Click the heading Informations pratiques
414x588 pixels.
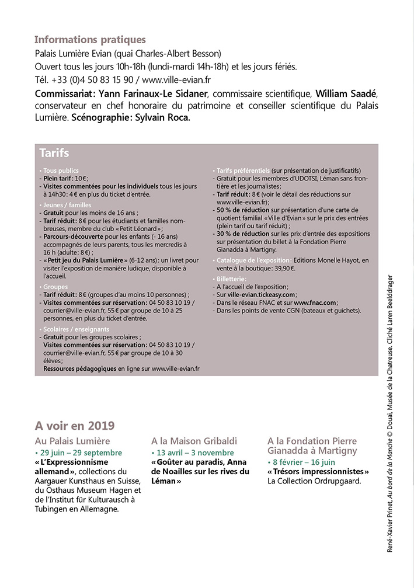(x=90, y=40)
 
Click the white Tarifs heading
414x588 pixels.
(x=54, y=154)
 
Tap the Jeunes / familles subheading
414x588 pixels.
(x=68, y=205)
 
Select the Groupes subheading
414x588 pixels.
(x=55, y=287)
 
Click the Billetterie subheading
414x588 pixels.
(x=233, y=279)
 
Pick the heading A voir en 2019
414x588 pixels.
(x=75, y=425)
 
